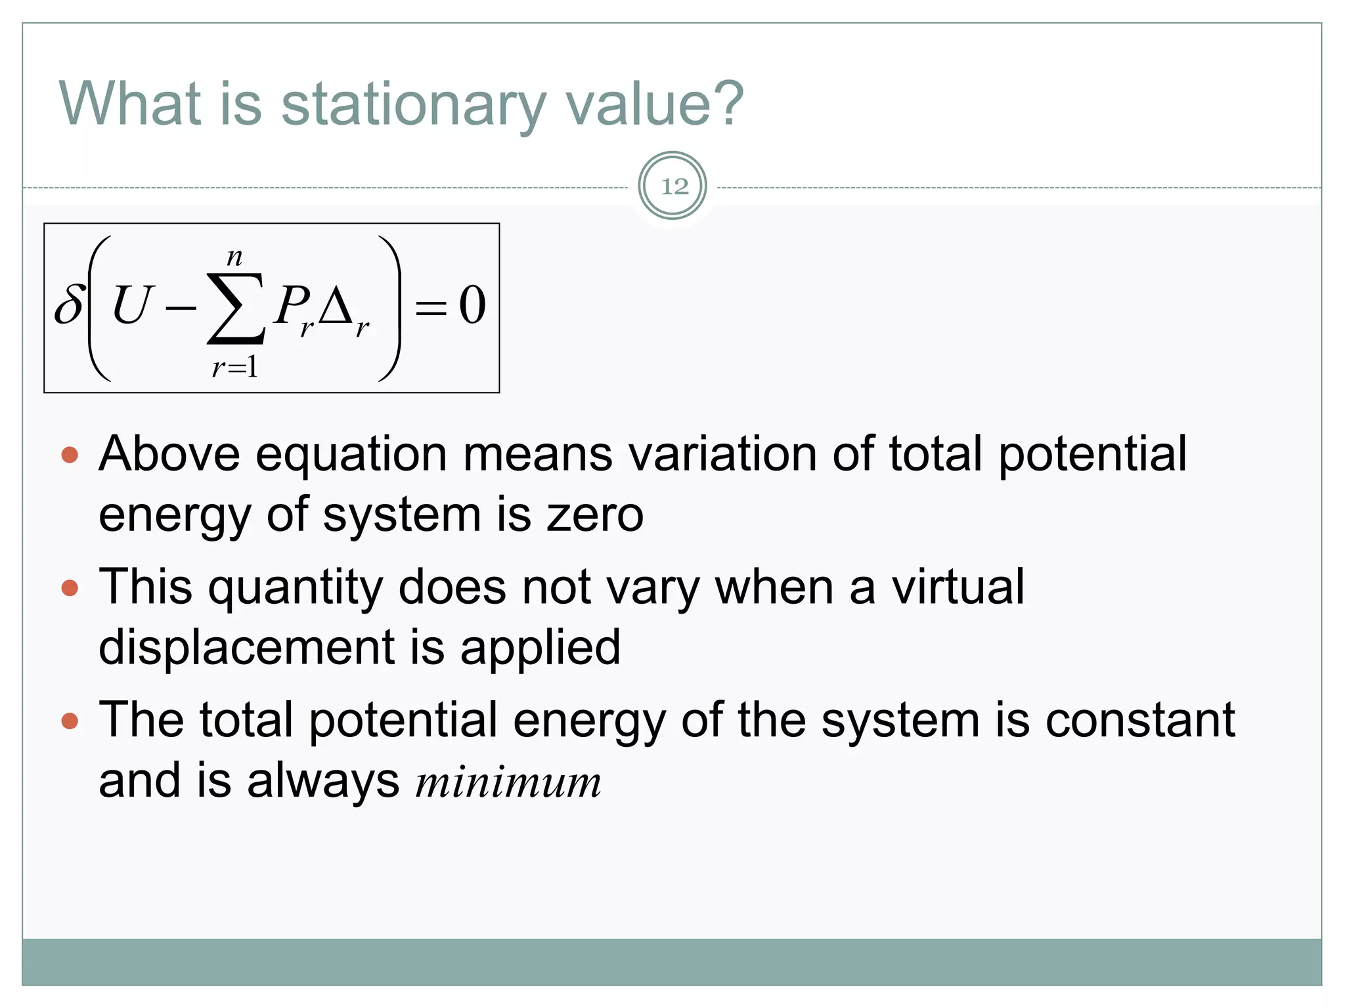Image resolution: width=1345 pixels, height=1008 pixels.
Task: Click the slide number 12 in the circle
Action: [x=674, y=186]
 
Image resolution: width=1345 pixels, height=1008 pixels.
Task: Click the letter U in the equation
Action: [x=133, y=305]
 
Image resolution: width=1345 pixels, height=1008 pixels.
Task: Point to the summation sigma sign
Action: [x=236, y=308]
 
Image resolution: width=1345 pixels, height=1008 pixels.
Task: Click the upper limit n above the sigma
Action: [x=234, y=257]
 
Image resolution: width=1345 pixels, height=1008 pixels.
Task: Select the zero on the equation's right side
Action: [x=472, y=305]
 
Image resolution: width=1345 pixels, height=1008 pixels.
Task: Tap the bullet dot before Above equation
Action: [x=70, y=455]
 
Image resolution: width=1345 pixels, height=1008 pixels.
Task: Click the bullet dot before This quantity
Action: [x=70, y=587]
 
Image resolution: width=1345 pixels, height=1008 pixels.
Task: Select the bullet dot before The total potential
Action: [x=70, y=721]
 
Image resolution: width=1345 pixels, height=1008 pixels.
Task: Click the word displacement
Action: [x=247, y=647]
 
